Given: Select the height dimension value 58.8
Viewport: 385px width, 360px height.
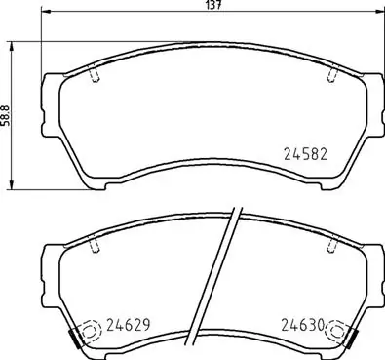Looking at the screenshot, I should click(x=7, y=114).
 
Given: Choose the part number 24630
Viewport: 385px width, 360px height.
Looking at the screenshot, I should click(x=303, y=327).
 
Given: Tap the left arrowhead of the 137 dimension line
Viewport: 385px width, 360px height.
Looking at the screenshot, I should click(x=45, y=17).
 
